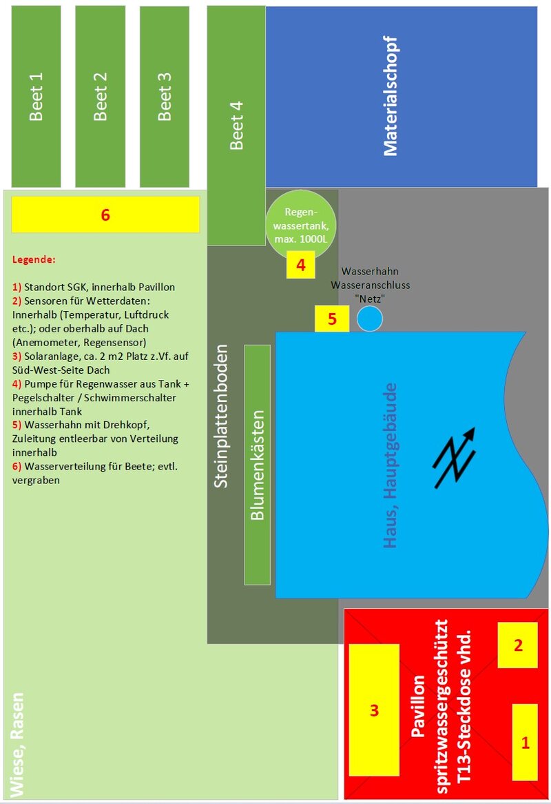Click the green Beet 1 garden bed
[x=36, y=97]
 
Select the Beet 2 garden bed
[x=101, y=97]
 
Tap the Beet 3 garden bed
[x=165, y=97]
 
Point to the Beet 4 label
[x=236, y=125]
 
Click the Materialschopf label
[x=391, y=96]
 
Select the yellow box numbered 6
[x=105, y=214]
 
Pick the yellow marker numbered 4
[x=300, y=265]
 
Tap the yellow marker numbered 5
[x=332, y=319]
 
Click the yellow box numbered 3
[x=374, y=710]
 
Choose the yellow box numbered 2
[x=518, y=645]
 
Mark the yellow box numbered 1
[x=525, y=742]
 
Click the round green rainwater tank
[x=301, y=224]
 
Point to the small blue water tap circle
[x=369, y=319]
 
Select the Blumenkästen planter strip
[x=257, y=465]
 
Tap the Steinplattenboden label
[x=220, y=416]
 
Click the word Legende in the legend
[x=34, y=259]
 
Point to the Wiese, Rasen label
[x=17, y=745]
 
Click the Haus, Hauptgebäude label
[x=391, y=465]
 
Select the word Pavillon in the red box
[x=418, y=706]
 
